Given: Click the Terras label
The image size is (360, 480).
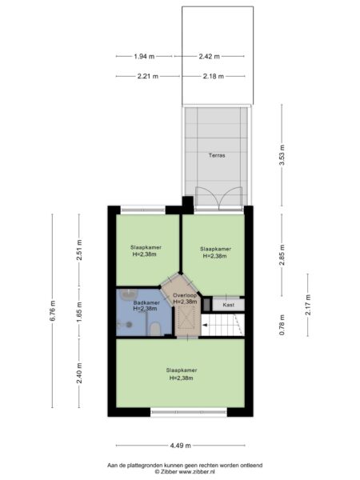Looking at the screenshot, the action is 217,155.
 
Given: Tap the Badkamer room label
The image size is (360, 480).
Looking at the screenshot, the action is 146,302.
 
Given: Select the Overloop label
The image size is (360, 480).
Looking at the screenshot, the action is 185,295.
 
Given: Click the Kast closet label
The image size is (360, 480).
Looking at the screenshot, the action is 228,305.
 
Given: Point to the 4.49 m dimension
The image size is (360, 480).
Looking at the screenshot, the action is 181,446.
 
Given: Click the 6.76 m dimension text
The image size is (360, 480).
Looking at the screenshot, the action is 53,310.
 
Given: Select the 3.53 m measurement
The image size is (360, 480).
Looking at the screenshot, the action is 282,155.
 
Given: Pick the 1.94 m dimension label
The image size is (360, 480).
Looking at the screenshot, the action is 144,56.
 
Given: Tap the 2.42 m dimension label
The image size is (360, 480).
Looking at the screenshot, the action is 210,56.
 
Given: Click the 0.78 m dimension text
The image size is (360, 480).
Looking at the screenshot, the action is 282,325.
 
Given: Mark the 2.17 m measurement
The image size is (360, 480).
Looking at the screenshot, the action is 308,305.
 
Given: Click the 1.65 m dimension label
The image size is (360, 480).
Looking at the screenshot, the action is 79,312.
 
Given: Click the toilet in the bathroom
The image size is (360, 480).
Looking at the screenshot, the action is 155,329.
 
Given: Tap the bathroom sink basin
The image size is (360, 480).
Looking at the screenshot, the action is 129,294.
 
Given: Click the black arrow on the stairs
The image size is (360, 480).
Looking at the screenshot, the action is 205,325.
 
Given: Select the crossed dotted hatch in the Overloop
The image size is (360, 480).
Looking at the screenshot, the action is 186,318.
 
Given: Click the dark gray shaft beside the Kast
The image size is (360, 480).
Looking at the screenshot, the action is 207,304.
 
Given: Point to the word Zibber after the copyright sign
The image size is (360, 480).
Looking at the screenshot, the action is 167,472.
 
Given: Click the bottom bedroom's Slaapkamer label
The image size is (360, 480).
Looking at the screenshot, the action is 182,370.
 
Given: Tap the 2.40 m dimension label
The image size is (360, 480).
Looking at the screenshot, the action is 79,373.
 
